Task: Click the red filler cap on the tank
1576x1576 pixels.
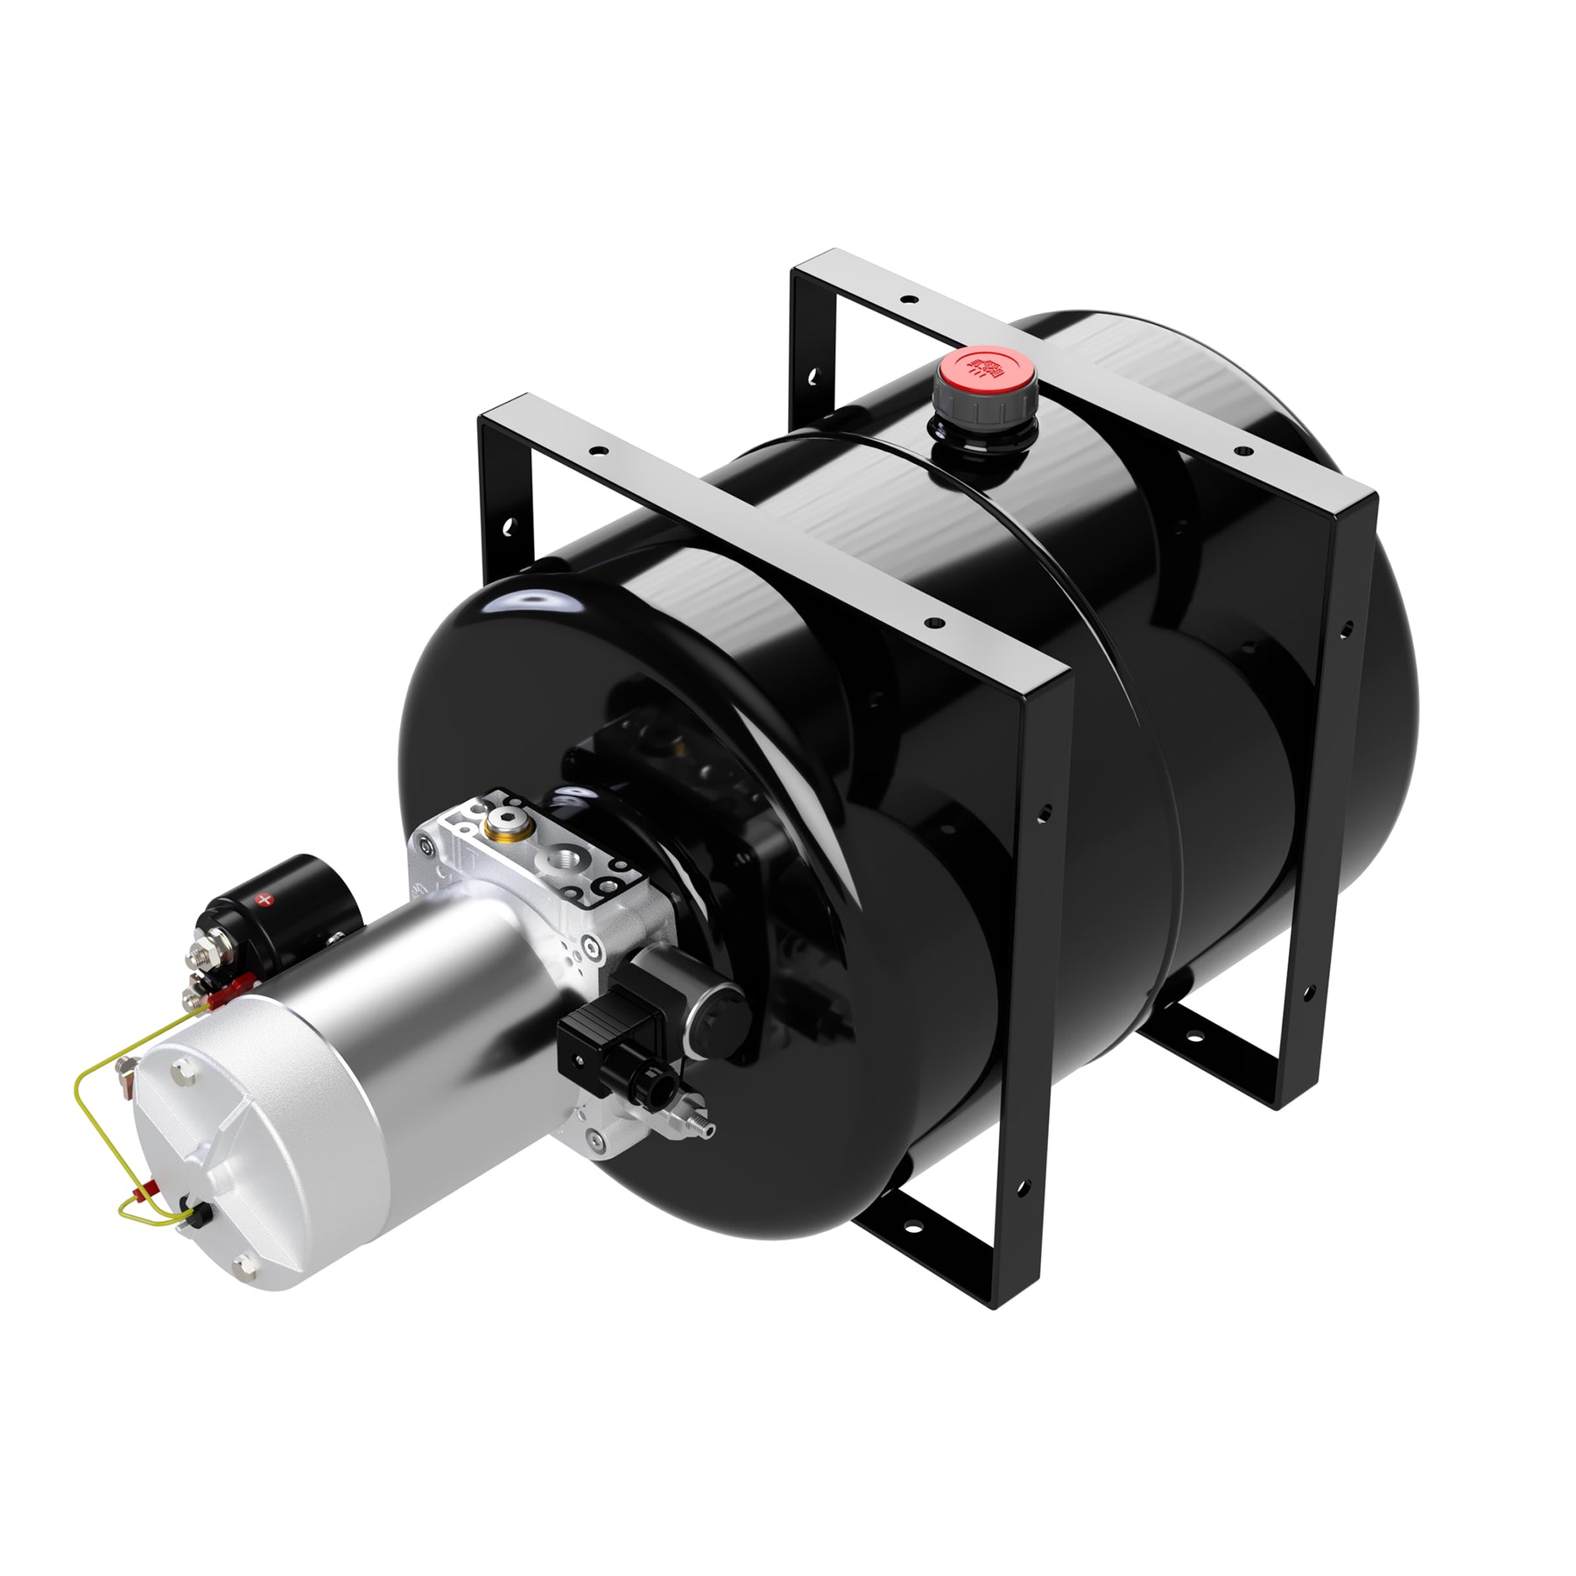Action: (984, 369)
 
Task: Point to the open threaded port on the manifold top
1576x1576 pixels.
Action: (561, 862)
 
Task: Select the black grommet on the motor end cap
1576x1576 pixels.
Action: (201, 1215)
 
